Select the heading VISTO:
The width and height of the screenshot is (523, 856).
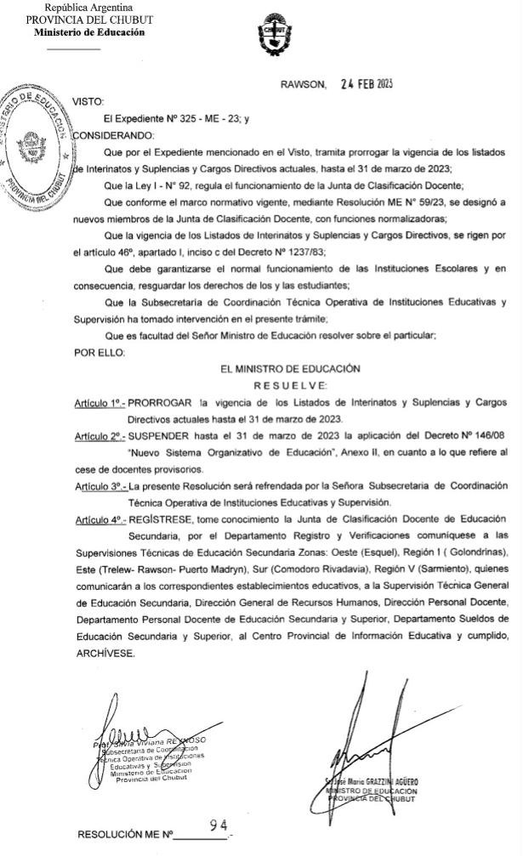(87, 101)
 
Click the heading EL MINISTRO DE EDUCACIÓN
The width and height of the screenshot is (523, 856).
(290, 369)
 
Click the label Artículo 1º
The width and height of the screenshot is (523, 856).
(99, 402)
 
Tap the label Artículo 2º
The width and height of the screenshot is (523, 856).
(99, 435)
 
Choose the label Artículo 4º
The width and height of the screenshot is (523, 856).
(99, 519)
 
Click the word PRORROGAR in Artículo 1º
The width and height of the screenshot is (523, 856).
(159, 402)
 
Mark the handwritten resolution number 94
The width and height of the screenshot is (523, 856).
(219, 825)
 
